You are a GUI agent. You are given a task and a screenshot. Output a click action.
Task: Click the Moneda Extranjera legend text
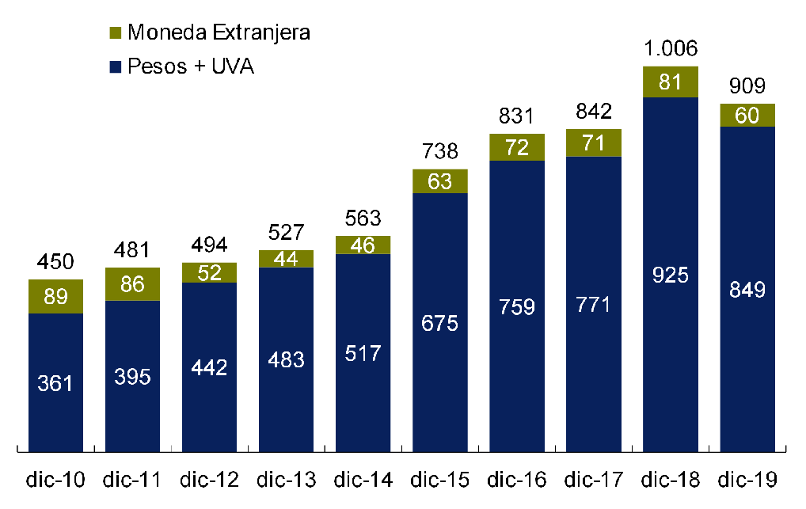pos(218,32)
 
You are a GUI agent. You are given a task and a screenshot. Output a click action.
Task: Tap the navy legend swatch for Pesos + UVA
pos(116,67)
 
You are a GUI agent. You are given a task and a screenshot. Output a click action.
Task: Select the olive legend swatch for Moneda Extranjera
pos(116,33)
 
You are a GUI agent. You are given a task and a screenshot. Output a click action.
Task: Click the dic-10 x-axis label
pos(55,480)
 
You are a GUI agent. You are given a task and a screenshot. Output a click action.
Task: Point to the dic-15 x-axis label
pos(440,480)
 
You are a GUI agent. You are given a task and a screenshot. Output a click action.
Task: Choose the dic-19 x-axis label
pos(747,480)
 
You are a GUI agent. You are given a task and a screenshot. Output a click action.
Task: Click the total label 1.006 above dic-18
pos(671,49)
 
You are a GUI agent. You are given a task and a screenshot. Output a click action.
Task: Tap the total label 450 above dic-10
pos(55,262)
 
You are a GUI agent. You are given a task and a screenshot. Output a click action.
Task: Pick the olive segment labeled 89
pos(55,297)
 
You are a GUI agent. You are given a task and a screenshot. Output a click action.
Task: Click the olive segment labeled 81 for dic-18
pos(671,82)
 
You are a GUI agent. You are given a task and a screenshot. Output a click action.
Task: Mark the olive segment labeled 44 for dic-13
pos(286,259)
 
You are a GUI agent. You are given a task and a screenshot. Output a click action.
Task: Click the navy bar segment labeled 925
pos(671,275)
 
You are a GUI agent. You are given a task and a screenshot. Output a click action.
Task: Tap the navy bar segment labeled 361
pos(55,383)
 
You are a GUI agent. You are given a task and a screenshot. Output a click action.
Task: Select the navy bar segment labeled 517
pos(363,353)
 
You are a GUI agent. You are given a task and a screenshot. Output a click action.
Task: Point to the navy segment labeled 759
pos(517,306)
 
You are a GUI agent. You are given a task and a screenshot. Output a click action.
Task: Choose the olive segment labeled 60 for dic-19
pos(747,116)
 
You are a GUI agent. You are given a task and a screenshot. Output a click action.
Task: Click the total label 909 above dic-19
pos(747,86)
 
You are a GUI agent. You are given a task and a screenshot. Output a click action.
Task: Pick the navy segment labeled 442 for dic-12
pos(209,367)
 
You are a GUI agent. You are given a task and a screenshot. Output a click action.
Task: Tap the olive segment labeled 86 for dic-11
pos(132,284)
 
